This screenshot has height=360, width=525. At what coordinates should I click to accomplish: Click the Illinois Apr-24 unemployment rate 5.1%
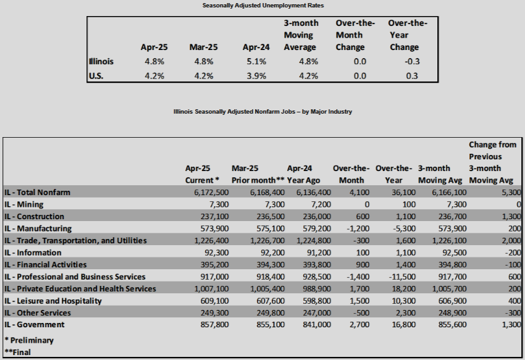coord(256,62)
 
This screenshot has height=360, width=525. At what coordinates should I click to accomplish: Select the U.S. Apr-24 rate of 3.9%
coord(256,76)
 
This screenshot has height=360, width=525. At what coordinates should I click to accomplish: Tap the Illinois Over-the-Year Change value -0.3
coord(412,62)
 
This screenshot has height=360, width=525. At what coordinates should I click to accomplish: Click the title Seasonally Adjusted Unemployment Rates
coord(263,6)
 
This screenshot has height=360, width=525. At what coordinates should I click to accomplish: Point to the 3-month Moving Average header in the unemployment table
coord(301,35)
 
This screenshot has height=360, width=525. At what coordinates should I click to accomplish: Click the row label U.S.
coord(96,76)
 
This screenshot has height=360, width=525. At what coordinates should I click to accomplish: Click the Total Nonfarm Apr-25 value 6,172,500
coord(211,193)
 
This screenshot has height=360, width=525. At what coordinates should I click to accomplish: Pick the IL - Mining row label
coord(23,204)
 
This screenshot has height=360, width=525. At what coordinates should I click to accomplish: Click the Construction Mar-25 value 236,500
coord(271,217)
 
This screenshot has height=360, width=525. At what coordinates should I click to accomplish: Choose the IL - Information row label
coord(33,253)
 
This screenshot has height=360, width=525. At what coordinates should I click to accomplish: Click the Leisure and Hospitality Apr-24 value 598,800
coord(317,301)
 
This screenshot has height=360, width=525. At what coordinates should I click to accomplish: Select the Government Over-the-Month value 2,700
coord(359,325)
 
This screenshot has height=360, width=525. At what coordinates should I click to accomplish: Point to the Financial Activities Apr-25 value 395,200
coord(214,265)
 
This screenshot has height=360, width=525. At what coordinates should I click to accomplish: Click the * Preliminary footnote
coord(29,341)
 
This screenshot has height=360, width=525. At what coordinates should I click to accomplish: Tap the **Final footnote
coord(18,353)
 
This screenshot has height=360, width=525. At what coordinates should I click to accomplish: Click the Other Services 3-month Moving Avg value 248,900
coord(452,313)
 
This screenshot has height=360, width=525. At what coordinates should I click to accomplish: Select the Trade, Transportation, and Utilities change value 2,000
coord(511,241)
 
